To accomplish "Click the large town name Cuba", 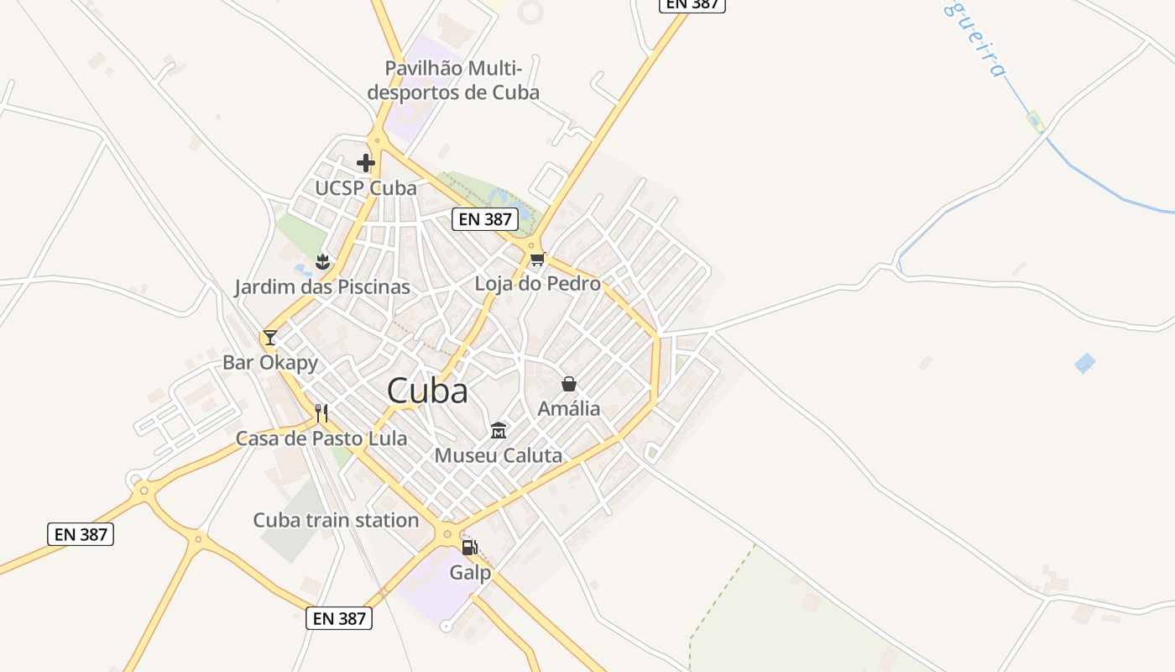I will click(x=427, y=391).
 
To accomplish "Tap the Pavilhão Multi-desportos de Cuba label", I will click(x=453, y=80).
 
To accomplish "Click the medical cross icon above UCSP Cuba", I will click(x=366, y=162).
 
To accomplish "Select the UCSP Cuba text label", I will click(x=366, y=188).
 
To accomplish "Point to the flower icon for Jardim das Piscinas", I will click(x=321, y=262).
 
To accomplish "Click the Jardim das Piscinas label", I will click(x=322, y=287).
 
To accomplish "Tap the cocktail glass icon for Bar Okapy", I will click(x=269, y=338).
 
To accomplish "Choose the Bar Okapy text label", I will click(x=270, y=363).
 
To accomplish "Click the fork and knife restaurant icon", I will click(x=321, y=412).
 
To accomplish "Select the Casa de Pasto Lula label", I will click(x=321, y=438).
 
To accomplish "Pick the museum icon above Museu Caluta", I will click(x=499, y=431).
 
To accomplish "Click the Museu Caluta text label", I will click(x=499, y=456).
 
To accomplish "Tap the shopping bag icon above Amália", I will click(x=569, y=384).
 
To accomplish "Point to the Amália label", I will click(x=569, y=409).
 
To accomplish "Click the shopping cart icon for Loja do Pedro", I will click(x=537, y=259).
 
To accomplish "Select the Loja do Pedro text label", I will click(x=538, y=284).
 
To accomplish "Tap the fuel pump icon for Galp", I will click(x=470, y=548).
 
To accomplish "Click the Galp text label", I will click(x=470, y=573).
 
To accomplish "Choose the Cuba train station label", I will click(x=336, y=520).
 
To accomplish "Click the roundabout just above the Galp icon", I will click(x=447, y=533).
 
